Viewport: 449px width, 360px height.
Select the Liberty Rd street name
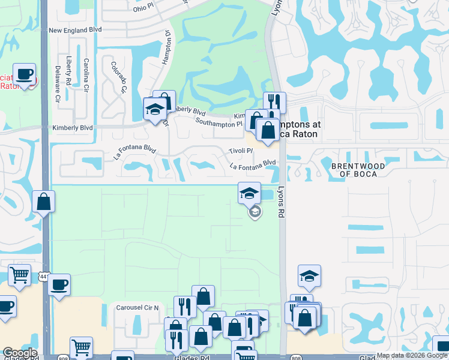point(70,71)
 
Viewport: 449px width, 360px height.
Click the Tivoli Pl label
point(241,151)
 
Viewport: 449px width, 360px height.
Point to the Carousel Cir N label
point(136,307)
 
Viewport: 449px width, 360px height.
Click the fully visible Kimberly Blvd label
point(73,128)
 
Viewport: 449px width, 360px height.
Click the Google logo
point(19,353)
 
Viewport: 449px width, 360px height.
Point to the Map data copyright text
point(412,356)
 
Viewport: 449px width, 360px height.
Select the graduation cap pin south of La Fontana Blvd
point(250,193)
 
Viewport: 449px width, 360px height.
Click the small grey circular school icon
point(255,212)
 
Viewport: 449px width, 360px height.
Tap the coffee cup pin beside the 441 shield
point(59,284)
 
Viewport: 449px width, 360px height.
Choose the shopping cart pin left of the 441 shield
point(20,275)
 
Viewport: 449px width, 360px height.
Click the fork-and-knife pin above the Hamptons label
point(274,102)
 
